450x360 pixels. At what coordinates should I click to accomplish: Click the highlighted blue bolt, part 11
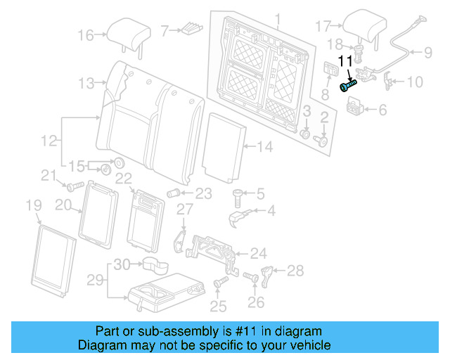[348, 86]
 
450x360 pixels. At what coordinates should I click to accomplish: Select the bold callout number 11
[347, 62]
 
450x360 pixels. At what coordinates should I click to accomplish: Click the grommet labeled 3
[306, 134]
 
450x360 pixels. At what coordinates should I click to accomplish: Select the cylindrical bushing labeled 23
[172, 193]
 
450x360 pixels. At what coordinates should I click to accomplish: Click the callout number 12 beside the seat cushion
[48, 141]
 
